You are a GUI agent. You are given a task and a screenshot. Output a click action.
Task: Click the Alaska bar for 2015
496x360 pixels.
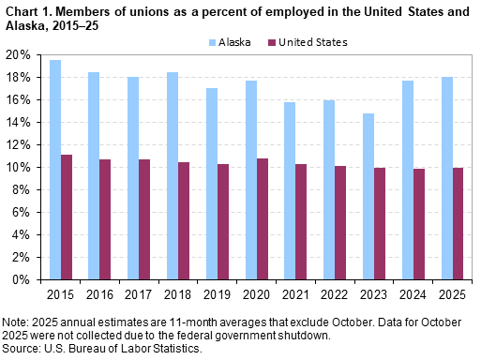tap(55, 170)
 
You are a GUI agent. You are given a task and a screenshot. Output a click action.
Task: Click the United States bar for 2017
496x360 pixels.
tap(145, 219)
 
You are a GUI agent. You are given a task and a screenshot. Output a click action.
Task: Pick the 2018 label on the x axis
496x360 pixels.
tap(178, 294)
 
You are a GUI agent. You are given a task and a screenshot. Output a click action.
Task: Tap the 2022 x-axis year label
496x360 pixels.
tap(335, 294)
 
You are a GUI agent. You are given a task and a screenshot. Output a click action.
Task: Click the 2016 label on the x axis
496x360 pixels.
tap(100, 294)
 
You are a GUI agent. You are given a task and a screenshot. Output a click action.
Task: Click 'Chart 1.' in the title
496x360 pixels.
tap(27, 8)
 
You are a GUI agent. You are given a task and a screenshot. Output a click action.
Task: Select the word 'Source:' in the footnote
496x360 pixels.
tap(22, 348)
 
